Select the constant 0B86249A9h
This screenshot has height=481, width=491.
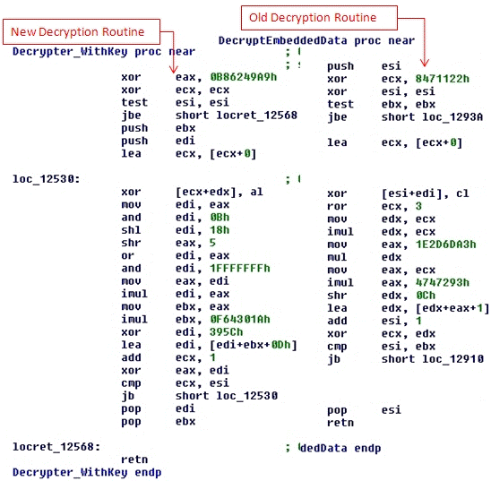click(x=244, y=77)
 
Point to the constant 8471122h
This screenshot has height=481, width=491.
click(x=442, y=79)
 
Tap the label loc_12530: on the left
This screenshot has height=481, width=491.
click(x=47, y=179)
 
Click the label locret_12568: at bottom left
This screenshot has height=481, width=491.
click(x=56, y=447)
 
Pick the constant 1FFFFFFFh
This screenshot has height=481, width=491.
click(x=240, y=269)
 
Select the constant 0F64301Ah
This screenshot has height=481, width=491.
click(x=240, y=320)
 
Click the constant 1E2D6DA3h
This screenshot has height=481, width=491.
click(x=445, y=245)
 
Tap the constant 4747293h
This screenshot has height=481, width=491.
click(x=442, y=282)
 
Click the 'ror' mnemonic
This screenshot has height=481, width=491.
click(x=337, y=206)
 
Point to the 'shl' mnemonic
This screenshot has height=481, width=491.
click(x=131, y=230)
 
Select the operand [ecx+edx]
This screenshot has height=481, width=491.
click(x=205, y=193)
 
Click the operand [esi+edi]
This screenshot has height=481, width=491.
click(x=411, y=193)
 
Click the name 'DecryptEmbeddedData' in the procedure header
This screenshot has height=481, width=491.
click(x=283, y=40)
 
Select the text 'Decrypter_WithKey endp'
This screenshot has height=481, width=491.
click(x=87, y=473)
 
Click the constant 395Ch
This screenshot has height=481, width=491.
click(x=226, y=332)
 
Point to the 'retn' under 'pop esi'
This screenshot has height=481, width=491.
click(x=340, y=423)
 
